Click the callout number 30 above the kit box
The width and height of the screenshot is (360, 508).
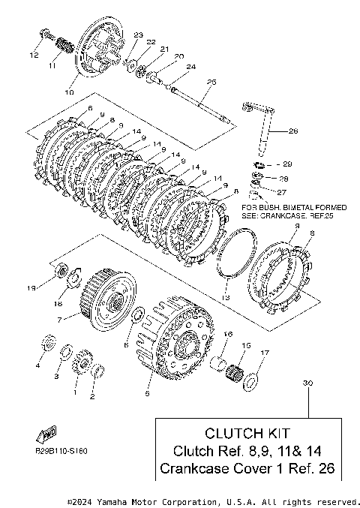click(x=308, y=383)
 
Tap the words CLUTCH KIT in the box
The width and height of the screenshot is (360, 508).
click(x=247, y=433)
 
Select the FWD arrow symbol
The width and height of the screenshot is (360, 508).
click(x=46, y=434)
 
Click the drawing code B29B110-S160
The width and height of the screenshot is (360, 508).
click(x=61, y=451)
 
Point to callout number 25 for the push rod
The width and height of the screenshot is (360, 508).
click(x=211, y=83)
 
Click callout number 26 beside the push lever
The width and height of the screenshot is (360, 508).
click(x=293, y=131)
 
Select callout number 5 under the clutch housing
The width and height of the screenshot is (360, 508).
click(x=147, y=394)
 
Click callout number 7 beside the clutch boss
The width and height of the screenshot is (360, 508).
click(x=59, y=320)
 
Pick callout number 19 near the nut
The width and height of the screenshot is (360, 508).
click(x=31, y=287)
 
